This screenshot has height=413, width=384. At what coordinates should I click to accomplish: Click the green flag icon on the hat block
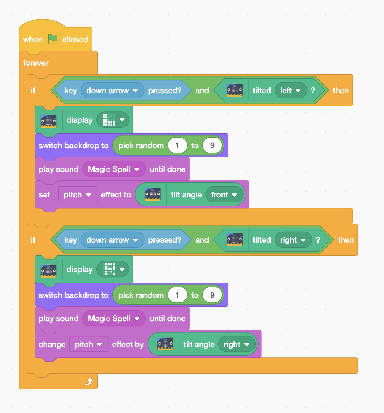point(53,39)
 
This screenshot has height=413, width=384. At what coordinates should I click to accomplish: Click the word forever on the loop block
point(36,63)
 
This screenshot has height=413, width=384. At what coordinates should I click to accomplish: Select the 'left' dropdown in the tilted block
point(289,91)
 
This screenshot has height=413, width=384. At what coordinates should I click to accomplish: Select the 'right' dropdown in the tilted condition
point(293,240)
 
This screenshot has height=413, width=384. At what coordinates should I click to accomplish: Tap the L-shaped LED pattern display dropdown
point(113,120)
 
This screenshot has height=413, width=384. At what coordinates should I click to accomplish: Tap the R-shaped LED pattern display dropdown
point(113,270)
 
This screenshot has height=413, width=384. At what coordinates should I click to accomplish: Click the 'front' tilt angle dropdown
point(224,195)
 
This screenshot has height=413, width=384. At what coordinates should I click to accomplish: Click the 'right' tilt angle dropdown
point(236,345)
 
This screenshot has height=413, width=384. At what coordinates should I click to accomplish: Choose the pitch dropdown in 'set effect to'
point(77,195)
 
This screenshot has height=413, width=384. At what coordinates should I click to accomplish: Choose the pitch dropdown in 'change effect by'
point(89,345)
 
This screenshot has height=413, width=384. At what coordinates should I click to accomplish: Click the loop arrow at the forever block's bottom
point(89,381)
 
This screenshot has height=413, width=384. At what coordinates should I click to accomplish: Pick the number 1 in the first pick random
point(177,146)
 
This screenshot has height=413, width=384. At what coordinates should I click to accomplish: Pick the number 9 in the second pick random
point(212,295)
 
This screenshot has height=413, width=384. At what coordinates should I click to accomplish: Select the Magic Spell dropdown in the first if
point(114,169)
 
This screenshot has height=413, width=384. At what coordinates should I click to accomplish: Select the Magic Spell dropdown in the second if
point(114,319)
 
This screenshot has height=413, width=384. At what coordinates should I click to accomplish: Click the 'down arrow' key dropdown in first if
point(112,91)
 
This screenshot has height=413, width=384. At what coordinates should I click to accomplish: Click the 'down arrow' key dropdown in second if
point(112,240)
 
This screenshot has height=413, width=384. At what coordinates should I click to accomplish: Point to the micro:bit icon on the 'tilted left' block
point(235,91)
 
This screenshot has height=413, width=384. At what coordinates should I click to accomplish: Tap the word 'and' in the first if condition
point(202,91)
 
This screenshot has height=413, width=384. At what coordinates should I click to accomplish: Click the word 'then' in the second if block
point(345,240)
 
